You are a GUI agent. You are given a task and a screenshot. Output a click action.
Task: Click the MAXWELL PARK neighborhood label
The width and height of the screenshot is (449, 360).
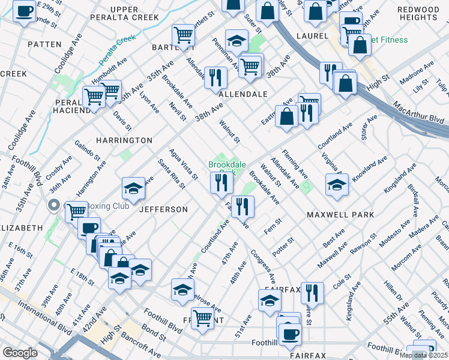point(340,214)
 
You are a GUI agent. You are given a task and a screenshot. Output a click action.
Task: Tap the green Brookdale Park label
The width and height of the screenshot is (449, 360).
point(220,166)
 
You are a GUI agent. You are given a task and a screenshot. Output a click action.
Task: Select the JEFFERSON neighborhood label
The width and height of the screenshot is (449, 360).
point(163,209)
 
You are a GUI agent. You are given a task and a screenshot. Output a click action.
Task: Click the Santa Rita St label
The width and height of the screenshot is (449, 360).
point(171,173)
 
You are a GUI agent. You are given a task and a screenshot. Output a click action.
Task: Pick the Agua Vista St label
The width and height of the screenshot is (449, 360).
point(183,164)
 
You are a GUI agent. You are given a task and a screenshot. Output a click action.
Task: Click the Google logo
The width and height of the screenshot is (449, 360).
point(20,353)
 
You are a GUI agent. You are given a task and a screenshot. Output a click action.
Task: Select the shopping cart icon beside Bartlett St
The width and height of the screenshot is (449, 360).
point(183,35)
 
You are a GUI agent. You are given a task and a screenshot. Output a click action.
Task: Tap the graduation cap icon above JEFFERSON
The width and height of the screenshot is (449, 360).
point(133,188)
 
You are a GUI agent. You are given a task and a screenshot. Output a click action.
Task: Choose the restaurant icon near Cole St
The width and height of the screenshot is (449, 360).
point(312,293)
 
